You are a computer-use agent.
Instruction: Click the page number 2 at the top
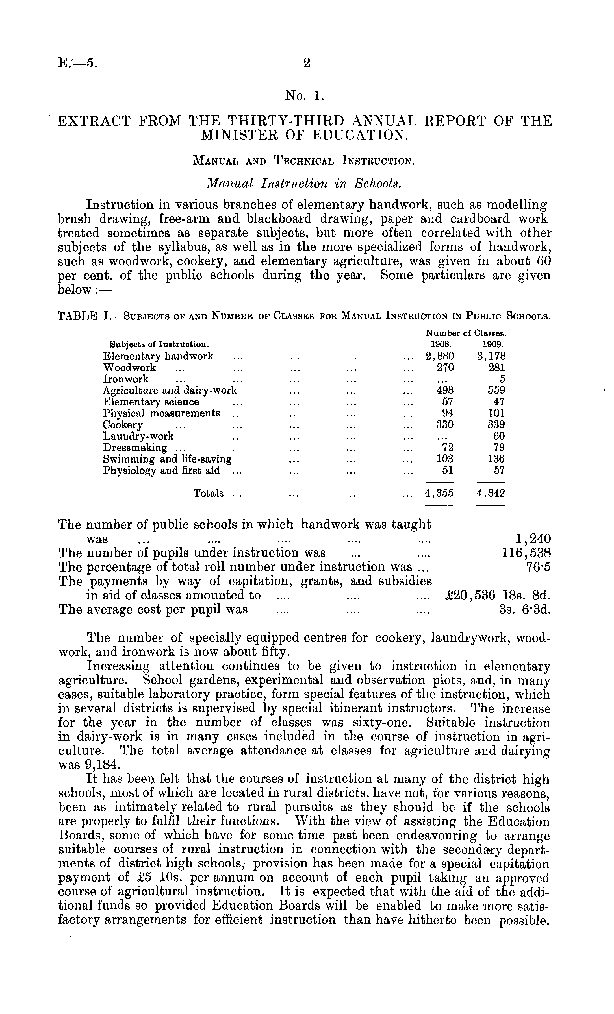306,63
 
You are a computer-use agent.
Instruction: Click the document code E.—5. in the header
78,63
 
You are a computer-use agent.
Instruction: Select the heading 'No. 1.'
305,96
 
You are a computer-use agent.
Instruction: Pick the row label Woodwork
129,367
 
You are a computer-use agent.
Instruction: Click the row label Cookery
123,425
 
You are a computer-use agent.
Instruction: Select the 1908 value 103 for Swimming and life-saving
445,459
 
